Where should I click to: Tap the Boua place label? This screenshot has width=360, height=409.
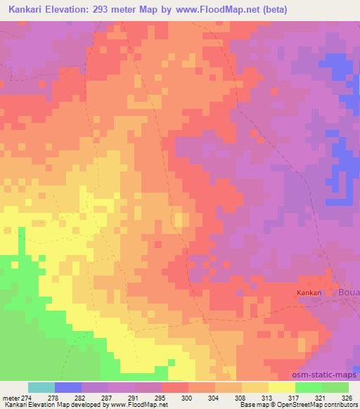[349, 292]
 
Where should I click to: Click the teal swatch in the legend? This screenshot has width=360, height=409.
[41, 387]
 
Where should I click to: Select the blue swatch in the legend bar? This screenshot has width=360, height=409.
[68, 387]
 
